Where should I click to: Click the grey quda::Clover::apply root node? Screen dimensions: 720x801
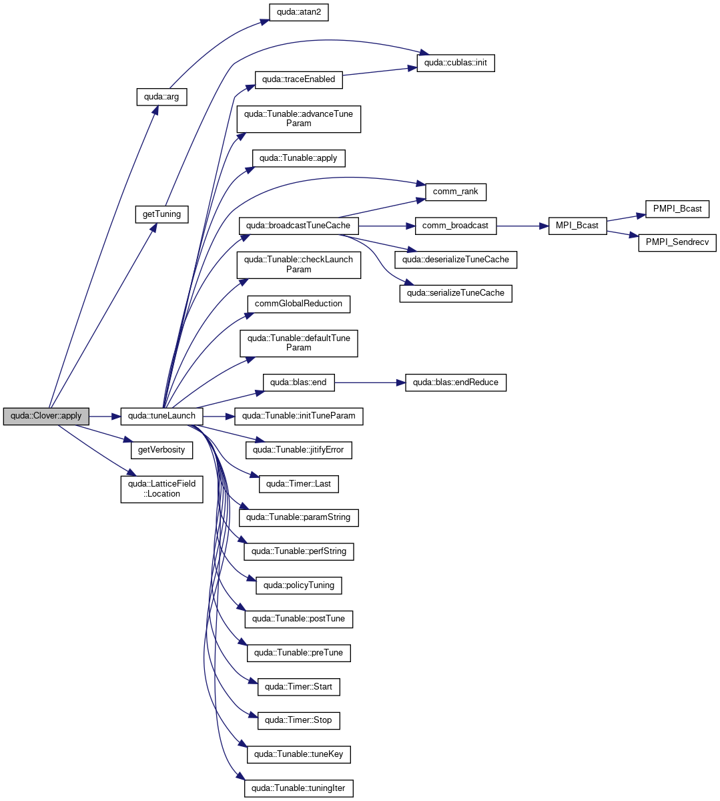click(x=46, y=417)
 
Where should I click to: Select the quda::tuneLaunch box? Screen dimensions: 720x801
click(x=161, y=417)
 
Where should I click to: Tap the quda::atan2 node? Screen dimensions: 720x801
click(x=299, y=13)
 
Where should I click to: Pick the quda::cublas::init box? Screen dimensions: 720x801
click(x=456, y=63)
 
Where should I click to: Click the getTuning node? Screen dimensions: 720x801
click(x=161, y=214)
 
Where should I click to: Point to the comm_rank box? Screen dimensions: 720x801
click(x=456, y=192)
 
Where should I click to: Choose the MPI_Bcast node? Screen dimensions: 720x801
click(x=577, y=226)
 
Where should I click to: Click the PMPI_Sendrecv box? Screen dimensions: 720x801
click(x=677, y=243)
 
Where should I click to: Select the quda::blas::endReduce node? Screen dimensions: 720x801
click(x=456, y=383)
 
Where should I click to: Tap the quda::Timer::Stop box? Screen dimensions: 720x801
click(x=299, y=721)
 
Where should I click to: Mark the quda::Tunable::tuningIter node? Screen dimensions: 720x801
click(x=299, y=788)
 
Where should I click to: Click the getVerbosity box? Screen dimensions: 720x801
click(x=161, y=451)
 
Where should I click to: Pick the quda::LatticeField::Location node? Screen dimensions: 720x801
click(x=161, y=489)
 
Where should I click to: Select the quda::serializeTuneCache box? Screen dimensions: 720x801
click(x=456, y=294)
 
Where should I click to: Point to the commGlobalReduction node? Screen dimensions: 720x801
click(x=299, y=304)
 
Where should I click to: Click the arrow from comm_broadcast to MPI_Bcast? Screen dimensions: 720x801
click(x=522, y=226)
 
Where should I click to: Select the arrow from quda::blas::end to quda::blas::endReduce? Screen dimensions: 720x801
click(x=370, y=383)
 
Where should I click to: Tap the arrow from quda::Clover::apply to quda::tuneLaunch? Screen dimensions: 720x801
click(x=105, y=417)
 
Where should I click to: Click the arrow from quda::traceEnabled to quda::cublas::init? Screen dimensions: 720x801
click(x=380, y=71)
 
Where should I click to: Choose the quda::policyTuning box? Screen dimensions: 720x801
click(x=299, y=586)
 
